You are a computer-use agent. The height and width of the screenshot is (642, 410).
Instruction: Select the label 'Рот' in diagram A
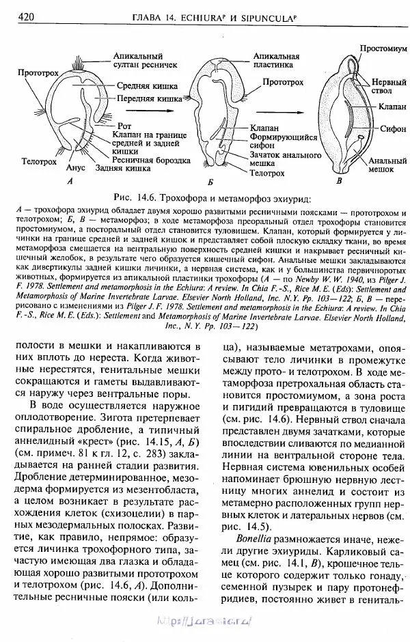point(123,126)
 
